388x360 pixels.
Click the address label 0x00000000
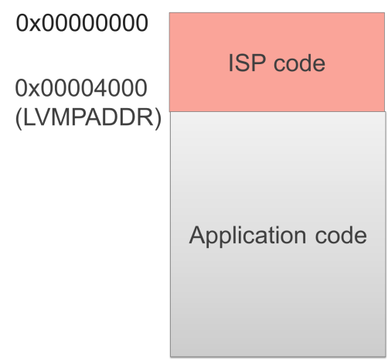pyautogui.click(x=82, y=23)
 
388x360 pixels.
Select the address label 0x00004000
pyautogui.click(x=81, y=88)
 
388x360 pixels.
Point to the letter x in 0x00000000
pyautogui.click(x=35, y=25)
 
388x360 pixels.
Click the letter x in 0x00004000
pyautogui.click(x=34, y=90)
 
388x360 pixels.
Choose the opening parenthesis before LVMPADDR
pyautogui.click(x=19, y=119)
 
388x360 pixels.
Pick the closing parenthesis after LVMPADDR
pyautogui.click(x=158, y=119)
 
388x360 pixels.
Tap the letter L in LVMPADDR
pyautogui.click(x=29, y=117)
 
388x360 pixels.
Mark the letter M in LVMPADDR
pyautogui.click(x=61, y=117)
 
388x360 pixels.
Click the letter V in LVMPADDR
pyautogui.click(x=43, y=117)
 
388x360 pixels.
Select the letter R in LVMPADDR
pyautogui.click(x=146, y=117)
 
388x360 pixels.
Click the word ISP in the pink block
pyautogui.click(x=247, y=63)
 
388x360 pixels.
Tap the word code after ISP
pyautogui.click(x=299, y=64)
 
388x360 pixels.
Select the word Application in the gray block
pyautogui.click(x=248, y=236)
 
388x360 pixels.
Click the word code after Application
pyautogui.click(x=341, y=235)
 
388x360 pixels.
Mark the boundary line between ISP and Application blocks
pyautogui.click(x=277, y=112)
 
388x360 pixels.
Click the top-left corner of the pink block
pyautogui.click(x=169, y=13)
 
